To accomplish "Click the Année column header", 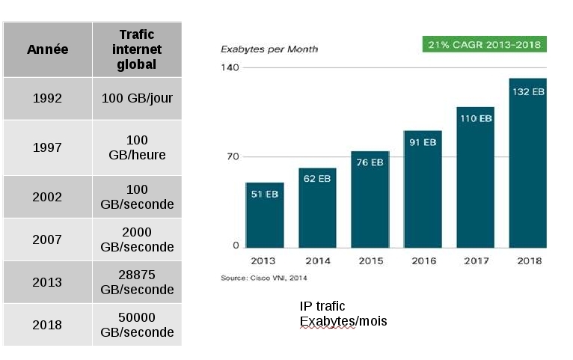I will (x=47, y=49).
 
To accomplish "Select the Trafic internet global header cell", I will (x=137, y=49).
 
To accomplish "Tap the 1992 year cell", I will (x=47, y=98).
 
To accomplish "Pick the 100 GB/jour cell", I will (x=137, y=98).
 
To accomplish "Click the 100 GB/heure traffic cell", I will (x=137, y=147).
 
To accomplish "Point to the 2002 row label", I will (x=47, y=197).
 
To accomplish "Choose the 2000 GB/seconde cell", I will (x=137, y=240).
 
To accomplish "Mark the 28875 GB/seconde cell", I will (x=137, y=282).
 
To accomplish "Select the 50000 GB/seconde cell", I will (x=137, y=325).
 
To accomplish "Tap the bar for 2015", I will (x=370, y=200).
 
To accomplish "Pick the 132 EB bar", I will (x=527, y=163).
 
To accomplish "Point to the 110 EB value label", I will (x=475, y=118).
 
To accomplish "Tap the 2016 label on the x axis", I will (x=423, y=261).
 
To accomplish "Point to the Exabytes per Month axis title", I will (x=269, y=49).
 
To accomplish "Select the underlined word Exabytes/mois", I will (x=343, y=322).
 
